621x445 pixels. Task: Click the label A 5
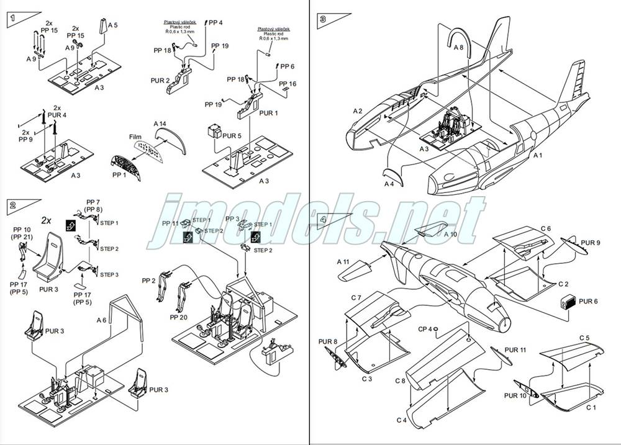(112, 25)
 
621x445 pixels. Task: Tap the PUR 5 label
(232, 135)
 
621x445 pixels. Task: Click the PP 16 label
(288, 84)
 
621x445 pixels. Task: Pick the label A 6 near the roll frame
(102, 320)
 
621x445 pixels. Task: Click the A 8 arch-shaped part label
(458, 47)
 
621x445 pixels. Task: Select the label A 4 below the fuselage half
(389, 184)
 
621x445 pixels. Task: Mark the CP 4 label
(425, 329)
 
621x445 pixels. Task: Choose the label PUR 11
(515, 350)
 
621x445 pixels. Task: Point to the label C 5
(584, 338)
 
